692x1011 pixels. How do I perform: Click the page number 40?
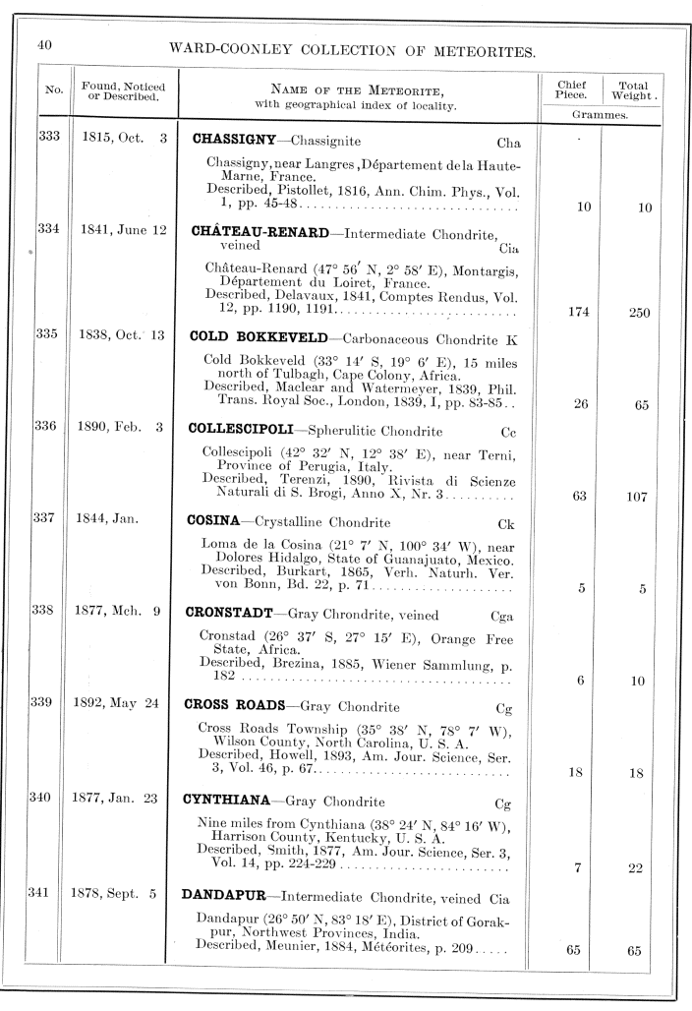(45, 45)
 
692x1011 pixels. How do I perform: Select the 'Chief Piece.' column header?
(571, 90)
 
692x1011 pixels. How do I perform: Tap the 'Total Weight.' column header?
(633, 90)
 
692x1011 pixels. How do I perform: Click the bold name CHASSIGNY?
(233, 141)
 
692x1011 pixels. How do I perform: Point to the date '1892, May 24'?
(115, 704)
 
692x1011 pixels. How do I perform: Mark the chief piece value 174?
(571, 313)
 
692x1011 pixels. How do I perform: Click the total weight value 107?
(634, 497)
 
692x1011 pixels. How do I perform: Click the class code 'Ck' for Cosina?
(507, 524)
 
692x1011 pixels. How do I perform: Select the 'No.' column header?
(54, 91)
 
